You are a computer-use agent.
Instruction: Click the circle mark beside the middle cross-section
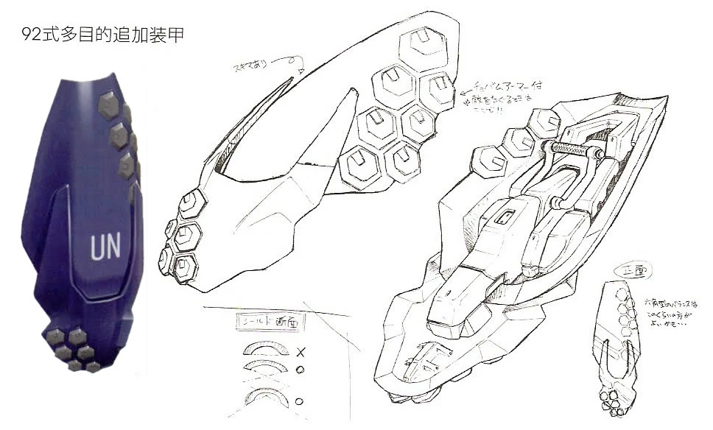pyautogui.click(x=300, y=370)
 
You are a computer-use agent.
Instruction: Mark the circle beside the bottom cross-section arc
pyautogui.click(x=299, y=402)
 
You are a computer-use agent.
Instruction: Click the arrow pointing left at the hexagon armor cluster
pyautogui.click(x=462, y=93)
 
